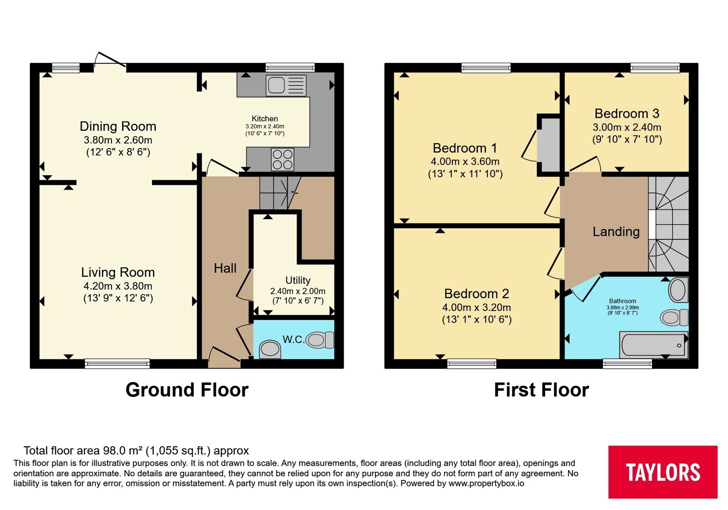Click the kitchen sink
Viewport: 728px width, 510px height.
(286, 85)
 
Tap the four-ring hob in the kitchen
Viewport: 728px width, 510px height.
(283, 159)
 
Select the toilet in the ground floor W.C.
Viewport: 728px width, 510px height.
(320, 340)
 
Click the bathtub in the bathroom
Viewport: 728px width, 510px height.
(653, 345)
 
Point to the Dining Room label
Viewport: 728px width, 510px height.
(118, 126)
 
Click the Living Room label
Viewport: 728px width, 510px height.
(118, 272)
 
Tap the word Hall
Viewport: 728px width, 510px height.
(225, 268)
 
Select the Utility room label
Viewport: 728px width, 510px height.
(298, 280)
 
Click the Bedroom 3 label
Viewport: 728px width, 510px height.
(627, 113)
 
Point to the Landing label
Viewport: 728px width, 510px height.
(616, 232)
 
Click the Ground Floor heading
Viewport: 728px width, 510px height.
(187, 390)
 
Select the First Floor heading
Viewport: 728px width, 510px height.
(541, 390)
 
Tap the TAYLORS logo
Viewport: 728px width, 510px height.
(663, 472)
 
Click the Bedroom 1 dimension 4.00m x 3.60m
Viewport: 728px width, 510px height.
(465, 161)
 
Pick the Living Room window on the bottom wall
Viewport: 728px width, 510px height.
(117, 364)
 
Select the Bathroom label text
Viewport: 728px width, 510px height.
(622, 301)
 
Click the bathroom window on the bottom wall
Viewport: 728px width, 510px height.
(627, 364)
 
